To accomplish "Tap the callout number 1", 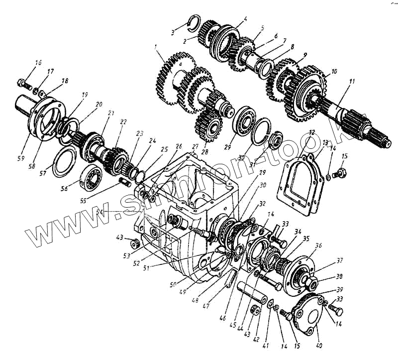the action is click(156, 48).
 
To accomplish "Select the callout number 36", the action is click(318, 245).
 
